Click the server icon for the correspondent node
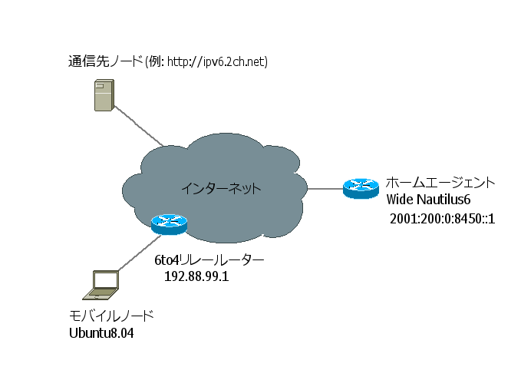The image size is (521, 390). point(102,97)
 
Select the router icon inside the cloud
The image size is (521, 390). point(169,223)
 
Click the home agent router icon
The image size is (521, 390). point(361,187)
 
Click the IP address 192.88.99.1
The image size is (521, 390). point(196,276)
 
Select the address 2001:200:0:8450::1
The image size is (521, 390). point(442,219)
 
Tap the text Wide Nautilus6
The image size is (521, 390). point(428,200)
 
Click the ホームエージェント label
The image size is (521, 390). point(440,183)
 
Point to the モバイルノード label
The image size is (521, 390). point(111,316)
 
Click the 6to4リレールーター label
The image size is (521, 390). point(209,260)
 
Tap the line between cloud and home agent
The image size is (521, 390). point(325,187)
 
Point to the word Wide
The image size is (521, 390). point(398,200)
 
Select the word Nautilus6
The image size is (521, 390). point(443,200)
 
